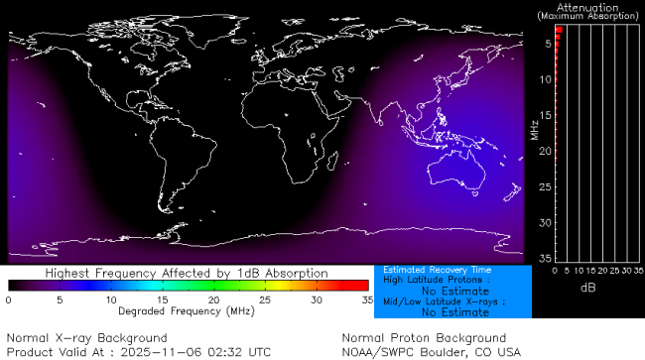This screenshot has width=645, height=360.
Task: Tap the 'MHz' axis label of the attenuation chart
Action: (x=533, y=130)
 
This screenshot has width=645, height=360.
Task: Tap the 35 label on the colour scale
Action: (x=366, y=299)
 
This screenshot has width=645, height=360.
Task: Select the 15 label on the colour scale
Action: (x=162, y=299)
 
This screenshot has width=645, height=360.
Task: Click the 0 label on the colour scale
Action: (x=9, y=299)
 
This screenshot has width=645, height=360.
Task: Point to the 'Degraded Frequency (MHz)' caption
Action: (x=188, y=310)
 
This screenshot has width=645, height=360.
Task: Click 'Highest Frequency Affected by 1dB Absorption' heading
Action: (x=188, y=273)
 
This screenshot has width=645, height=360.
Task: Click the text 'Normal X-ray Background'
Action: (x=87, y=338)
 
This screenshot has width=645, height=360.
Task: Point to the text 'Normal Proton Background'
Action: (x=424, y=338)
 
